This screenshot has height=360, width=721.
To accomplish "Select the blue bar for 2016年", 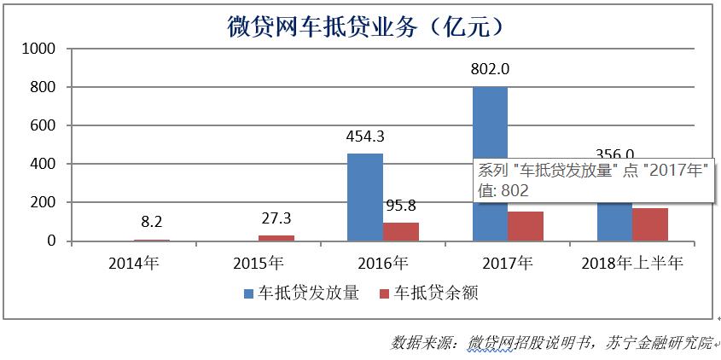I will click(365, 197).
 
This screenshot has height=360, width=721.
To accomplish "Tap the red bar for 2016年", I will click(401, 231).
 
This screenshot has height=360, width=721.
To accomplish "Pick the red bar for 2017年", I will click(526, 226).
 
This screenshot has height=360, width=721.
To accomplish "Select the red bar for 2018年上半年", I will click(650, 224).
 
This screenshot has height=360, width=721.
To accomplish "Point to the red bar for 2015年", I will click(276, 238).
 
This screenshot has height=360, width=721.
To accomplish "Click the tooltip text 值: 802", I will click(503, 191).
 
